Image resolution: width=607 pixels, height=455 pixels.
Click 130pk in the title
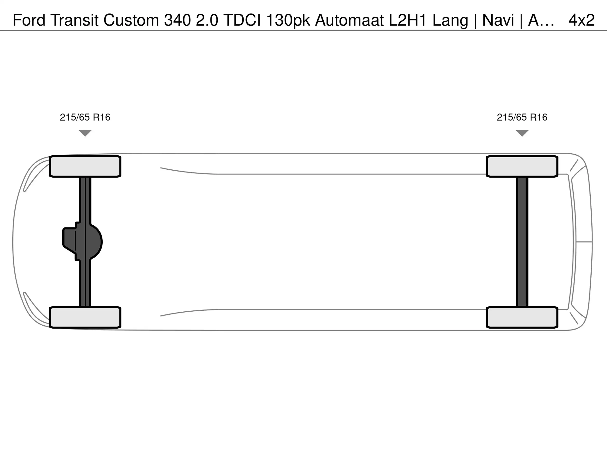[288, 21]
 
